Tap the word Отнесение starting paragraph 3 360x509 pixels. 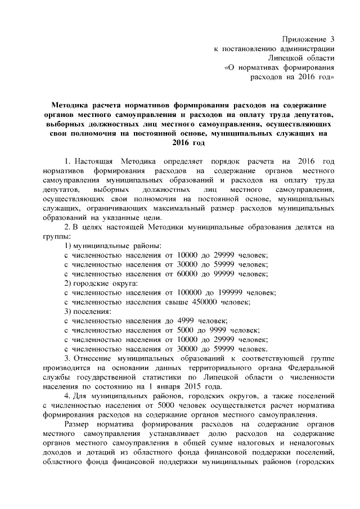93,358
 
